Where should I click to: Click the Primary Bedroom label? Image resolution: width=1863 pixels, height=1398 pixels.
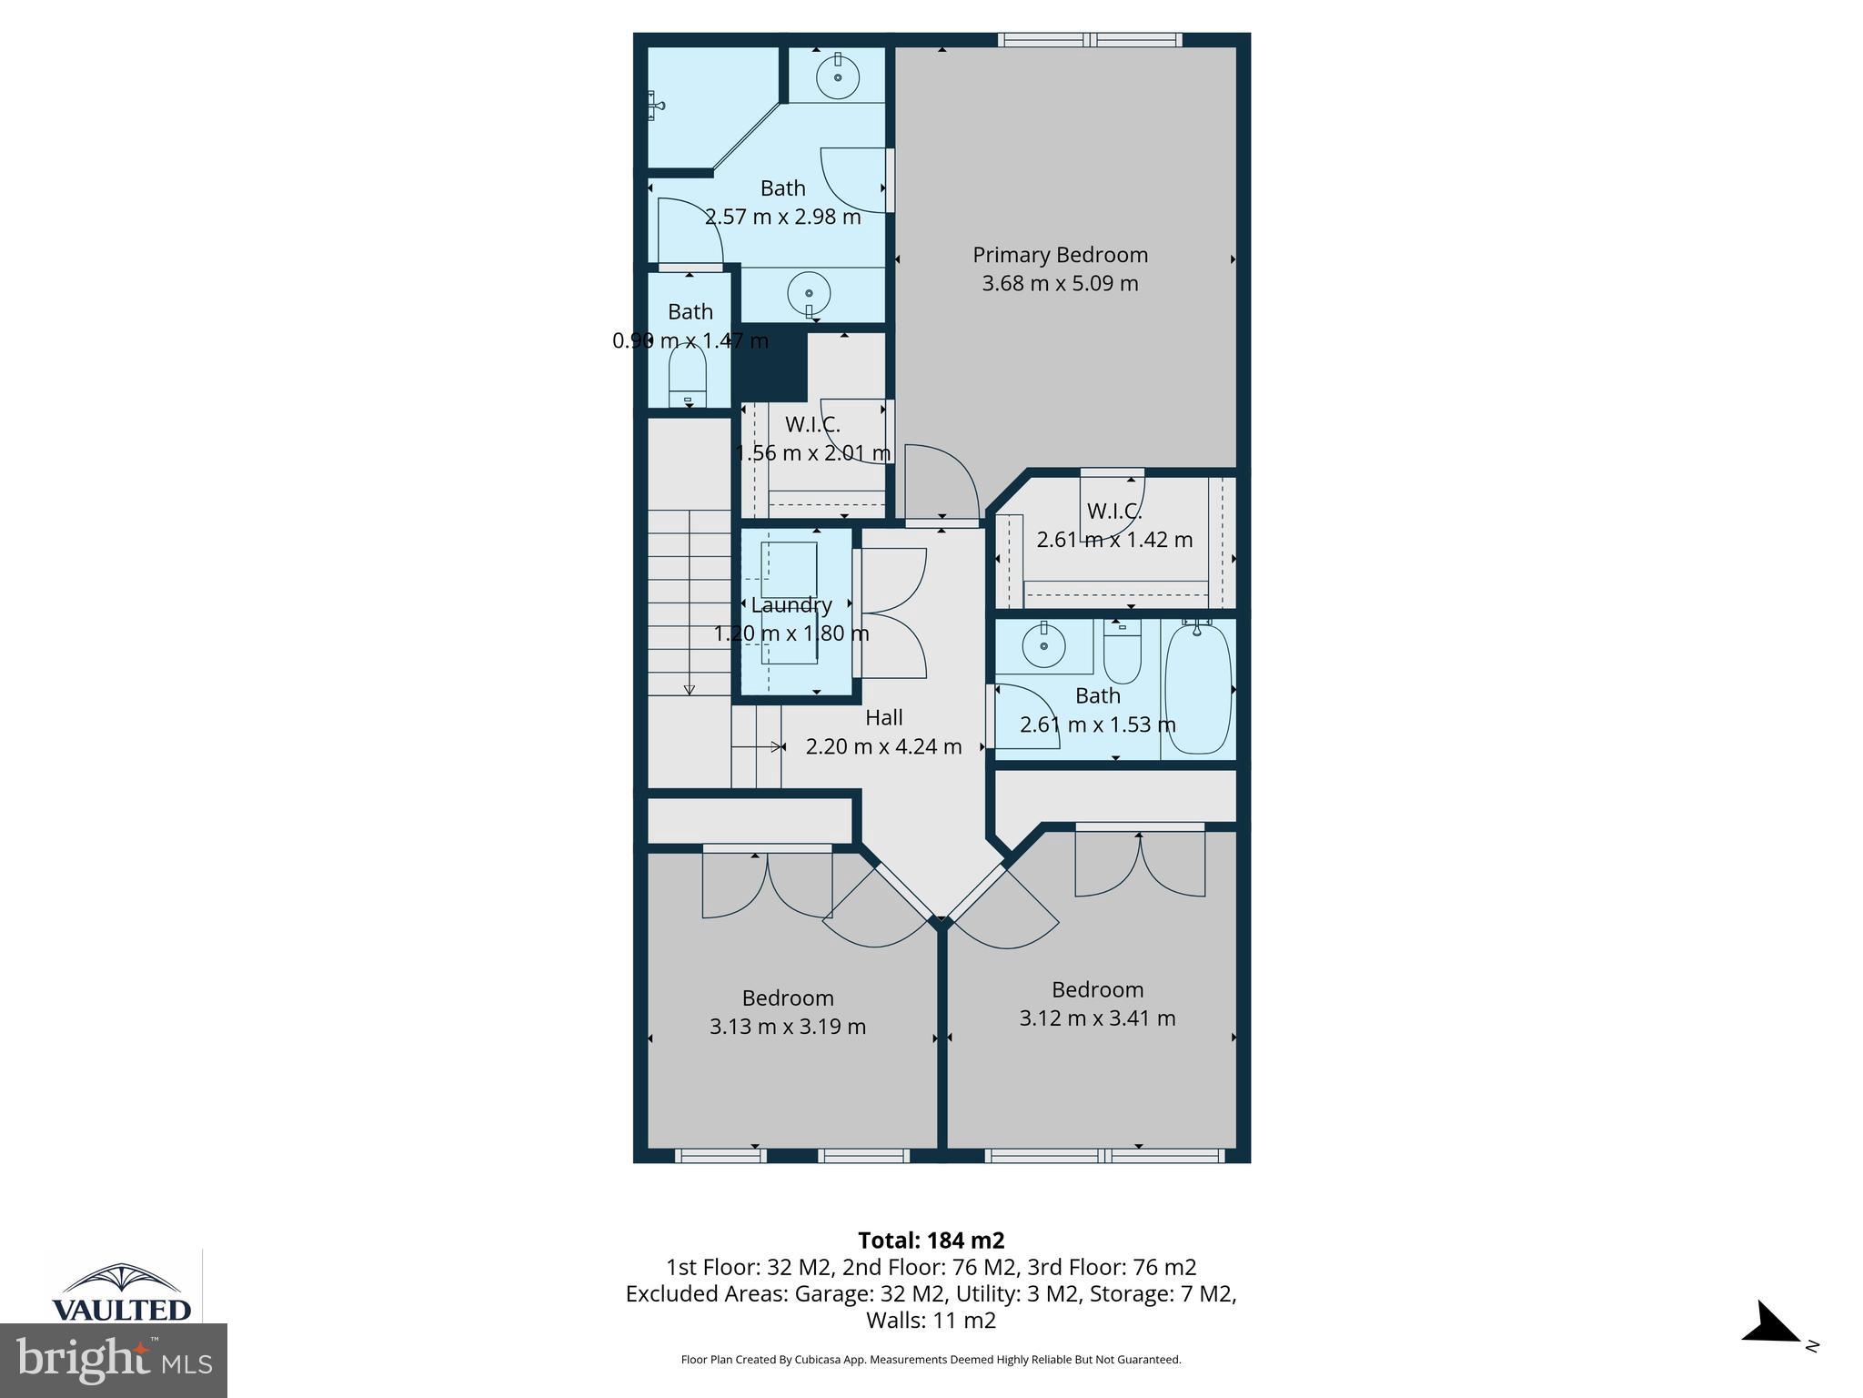coord(1060,255)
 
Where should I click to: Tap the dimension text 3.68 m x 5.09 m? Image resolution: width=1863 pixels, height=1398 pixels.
coord(1060,283)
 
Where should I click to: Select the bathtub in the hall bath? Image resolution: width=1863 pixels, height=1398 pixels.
coord(1198,688)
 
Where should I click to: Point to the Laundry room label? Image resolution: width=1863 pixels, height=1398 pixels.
coord(791,605)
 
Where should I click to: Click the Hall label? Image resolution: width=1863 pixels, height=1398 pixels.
coord(883,717)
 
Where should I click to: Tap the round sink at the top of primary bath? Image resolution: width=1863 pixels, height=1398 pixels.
coord(837,76)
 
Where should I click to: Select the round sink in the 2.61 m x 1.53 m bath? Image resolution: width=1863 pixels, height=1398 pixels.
coord(1043,646)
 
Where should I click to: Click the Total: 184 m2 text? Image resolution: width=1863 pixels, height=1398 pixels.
coord(931,1241)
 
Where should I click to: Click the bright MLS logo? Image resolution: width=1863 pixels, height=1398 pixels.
coord(114,1361)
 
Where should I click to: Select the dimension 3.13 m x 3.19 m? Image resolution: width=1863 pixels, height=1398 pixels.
coord(787,1027)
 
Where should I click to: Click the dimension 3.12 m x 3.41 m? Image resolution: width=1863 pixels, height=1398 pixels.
coord(1096,1018)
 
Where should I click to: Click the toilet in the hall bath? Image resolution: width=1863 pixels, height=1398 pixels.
coord(1122,653)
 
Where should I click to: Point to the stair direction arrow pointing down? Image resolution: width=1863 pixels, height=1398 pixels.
coord(689,688)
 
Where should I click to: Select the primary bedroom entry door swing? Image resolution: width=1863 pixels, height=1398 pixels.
coord(942,483)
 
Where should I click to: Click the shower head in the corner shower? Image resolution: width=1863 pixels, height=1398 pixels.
coord(656,106)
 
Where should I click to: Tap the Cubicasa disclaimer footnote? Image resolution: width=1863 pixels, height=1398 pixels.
coord(931,1360)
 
